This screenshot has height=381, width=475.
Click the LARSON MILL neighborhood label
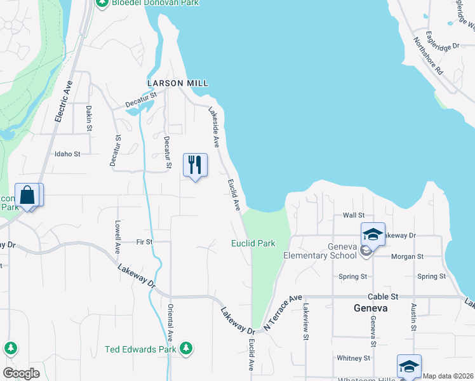click(178, 83)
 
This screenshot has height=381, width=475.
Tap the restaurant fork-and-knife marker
click(195, 165)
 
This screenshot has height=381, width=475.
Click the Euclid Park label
click(253, 243)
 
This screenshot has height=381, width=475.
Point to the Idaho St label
click(68, 154)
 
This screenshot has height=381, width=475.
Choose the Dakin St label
click(90, 118)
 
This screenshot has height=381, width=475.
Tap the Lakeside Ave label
click(214, 126)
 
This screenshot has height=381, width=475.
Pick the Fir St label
click(144, 242)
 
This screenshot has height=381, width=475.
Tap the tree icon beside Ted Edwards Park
click(185, 348)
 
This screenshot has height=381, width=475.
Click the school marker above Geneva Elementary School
click(373, 234)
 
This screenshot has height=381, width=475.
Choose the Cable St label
click(382, 297)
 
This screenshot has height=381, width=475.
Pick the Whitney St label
click(349, 358)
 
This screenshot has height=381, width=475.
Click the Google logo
click(21, 373)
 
